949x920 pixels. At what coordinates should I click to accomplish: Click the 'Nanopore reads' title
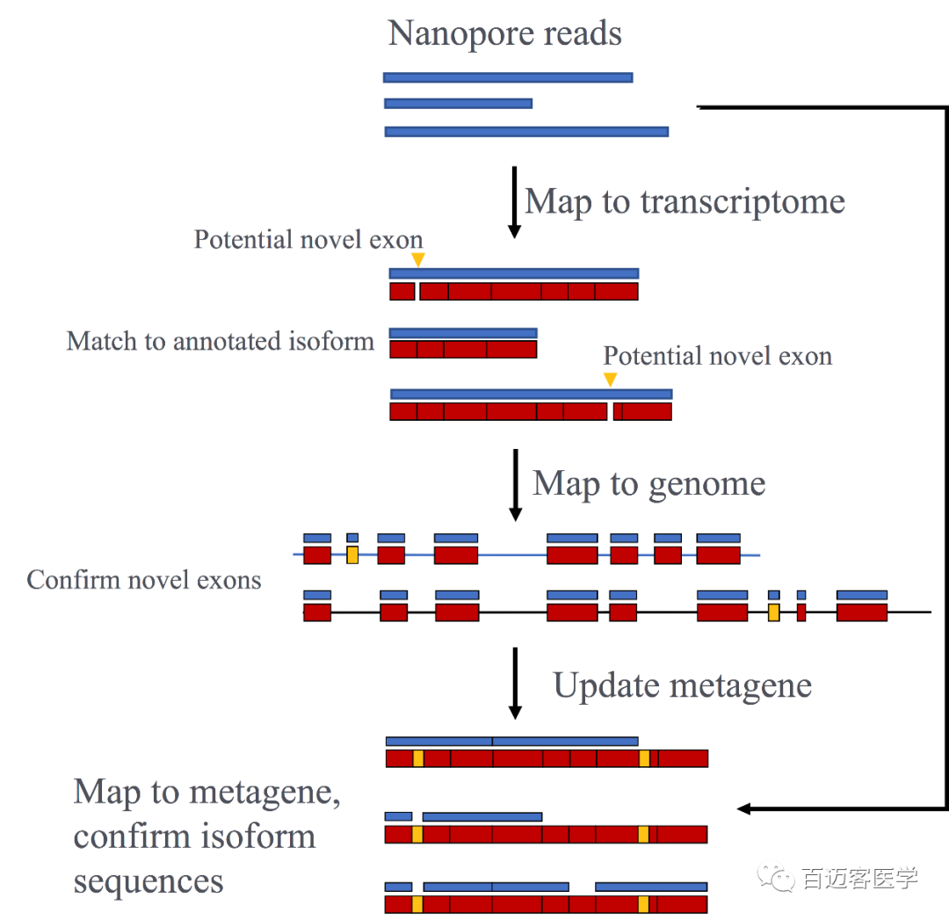(504, 34)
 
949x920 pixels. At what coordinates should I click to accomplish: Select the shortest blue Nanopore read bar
(458, 104)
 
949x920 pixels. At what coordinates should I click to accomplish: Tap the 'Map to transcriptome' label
(685, 201)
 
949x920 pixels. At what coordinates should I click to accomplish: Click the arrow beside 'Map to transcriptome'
(515, 202)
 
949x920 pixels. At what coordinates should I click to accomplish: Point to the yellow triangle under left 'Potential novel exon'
(418, 259)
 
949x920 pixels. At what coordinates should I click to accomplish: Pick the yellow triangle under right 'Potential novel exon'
(610, 379)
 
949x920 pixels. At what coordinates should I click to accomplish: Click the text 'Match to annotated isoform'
(221, 341)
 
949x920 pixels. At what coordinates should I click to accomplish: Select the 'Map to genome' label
(648, 483)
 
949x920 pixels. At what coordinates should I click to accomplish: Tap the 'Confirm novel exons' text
(144, 580)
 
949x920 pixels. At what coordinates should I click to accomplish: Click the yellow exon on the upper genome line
(352, 554)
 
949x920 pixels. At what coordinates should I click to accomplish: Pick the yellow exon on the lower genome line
(773, 612)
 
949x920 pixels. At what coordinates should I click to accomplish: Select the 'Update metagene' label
(682, 685)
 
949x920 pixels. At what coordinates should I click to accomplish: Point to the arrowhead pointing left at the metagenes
(743, 808)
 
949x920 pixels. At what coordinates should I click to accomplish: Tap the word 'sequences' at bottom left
(149, 881)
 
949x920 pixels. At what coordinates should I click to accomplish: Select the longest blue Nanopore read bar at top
(526, 132)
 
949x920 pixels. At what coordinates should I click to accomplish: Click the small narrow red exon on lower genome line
(800, 612)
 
